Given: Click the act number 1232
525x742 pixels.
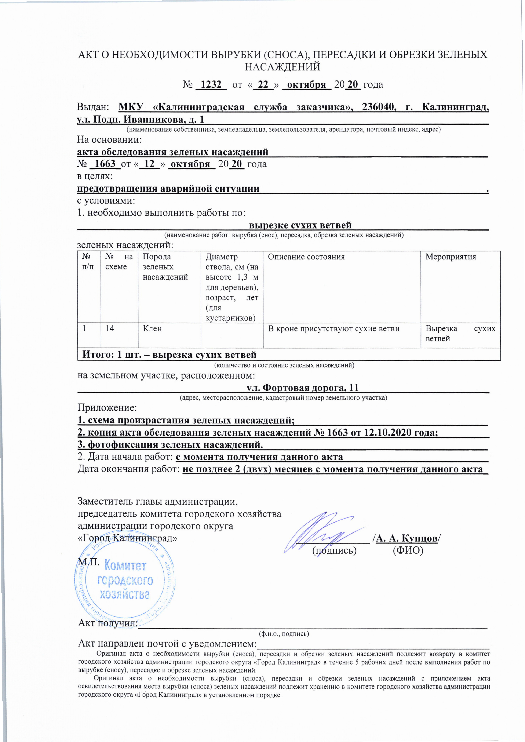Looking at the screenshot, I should coord(211,85).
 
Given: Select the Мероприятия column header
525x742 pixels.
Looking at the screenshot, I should coord(451,257).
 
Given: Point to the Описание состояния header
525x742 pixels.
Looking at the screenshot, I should coord(306,257).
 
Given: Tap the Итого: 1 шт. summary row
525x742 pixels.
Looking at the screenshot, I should coord(169,355).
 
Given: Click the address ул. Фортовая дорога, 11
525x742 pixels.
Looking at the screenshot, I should coord(303,388).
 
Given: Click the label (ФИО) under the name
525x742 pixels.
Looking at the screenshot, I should coord(408,550).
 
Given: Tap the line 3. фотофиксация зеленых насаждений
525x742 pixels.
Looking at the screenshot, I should coord(170,445).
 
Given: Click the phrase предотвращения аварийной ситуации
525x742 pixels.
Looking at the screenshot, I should coord(168,189).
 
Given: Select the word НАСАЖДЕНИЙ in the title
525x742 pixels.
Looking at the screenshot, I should coord(282,67).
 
